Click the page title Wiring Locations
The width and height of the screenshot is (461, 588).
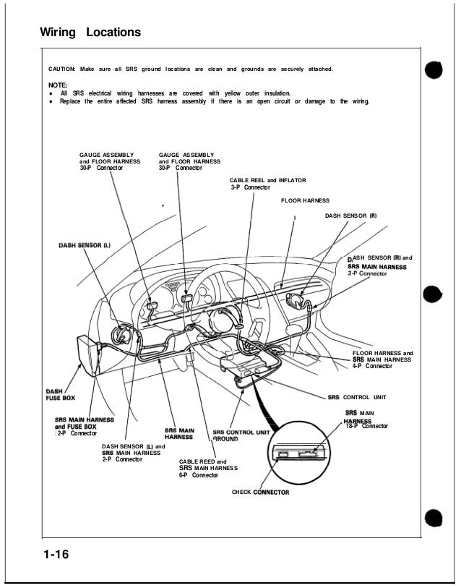click(90, 33)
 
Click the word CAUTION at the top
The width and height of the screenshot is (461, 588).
click(63, 69)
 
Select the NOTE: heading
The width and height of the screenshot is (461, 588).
click(58, 85)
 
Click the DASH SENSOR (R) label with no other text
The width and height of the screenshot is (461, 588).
click(351, 216)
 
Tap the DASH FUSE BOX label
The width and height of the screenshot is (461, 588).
click(58, 394)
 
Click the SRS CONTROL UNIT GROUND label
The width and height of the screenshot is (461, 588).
click(241, 436)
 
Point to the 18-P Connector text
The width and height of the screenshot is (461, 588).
click(367, 426)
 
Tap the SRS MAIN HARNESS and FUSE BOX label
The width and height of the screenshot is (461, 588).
click(85, 427)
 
